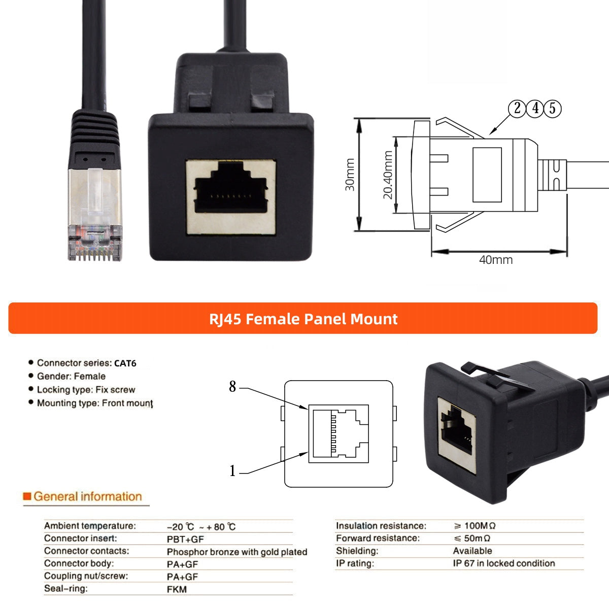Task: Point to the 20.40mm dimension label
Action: click(388, 175)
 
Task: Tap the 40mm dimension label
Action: click(496, 260)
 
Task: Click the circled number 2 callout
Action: click(517, 108)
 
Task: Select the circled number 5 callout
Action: click(552, 108)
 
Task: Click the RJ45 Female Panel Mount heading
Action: click(303, 319)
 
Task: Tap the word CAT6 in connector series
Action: click(125, 363)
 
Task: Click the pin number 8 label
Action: click(232, 387)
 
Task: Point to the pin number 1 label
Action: click(232, 471)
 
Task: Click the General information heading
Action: click(87, 496)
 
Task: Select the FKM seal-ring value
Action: click(177, 589)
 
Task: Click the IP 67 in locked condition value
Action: click(503, 563)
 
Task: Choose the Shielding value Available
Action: click(472, 551)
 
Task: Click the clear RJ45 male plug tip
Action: click(95, 239)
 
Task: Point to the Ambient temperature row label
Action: click(90, 526)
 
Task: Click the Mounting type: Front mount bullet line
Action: click(94, 403)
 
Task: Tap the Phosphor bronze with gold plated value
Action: click(236, 552)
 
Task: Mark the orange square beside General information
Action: click(27, 496)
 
